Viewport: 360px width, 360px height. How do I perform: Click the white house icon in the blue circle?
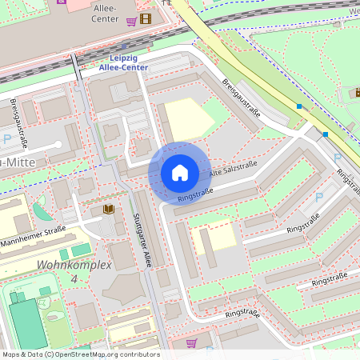point(180,173)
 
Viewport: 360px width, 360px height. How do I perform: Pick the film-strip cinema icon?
point(144,19)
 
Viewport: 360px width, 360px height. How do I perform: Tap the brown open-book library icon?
point(108,210)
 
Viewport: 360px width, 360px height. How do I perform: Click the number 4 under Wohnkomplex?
point(74,278)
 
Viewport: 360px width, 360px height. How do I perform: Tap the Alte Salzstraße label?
point(233,170)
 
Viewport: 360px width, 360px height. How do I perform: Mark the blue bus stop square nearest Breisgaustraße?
point(299,106)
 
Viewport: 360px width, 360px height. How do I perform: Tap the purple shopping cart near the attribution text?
point(191,342)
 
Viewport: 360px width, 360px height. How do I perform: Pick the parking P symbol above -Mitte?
point(7,139)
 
